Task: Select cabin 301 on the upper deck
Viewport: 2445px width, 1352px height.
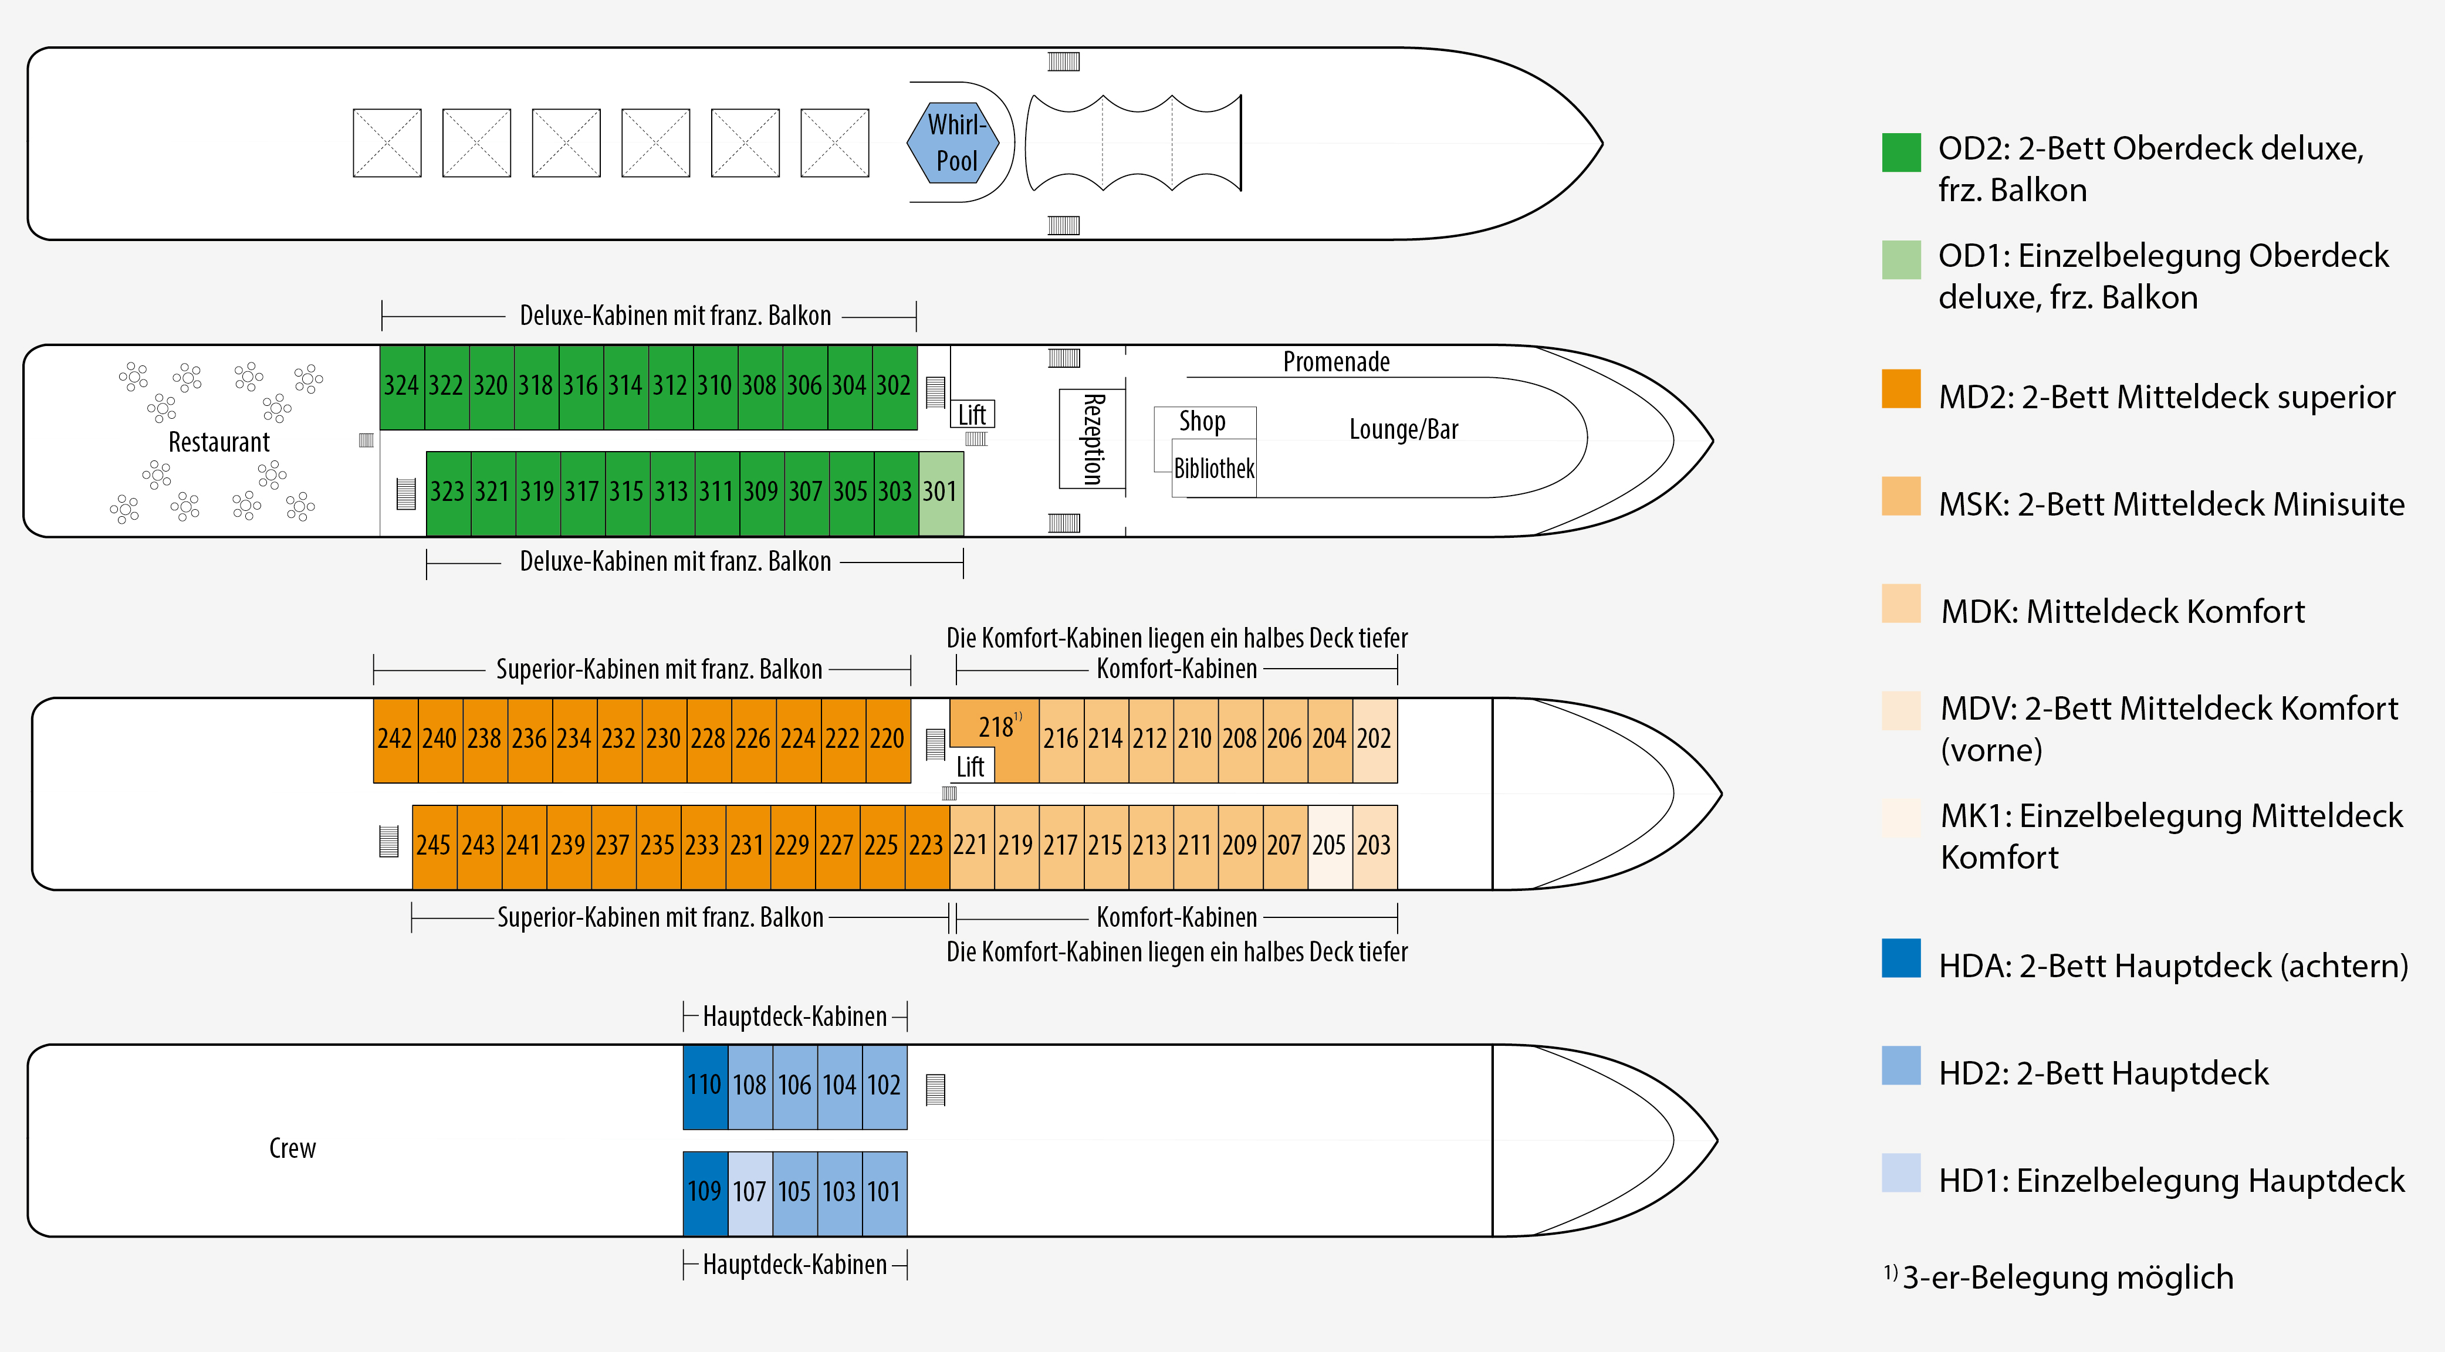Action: (x=941, y=492)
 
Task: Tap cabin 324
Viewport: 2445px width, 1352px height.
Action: (x=401, y=386)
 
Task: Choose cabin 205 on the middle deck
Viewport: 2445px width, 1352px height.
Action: (x=1329, y=845)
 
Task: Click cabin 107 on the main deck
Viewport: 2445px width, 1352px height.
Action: (x=750, y=1192)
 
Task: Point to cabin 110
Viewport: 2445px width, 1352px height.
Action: (x=704, y=1085)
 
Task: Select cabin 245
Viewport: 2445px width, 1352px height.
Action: (x=434, y=845)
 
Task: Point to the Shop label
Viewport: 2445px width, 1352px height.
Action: (x=1203, y=421)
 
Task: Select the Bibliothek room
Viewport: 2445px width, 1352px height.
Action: (x=1214, y=469)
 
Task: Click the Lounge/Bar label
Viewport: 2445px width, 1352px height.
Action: (x=1404, y=430)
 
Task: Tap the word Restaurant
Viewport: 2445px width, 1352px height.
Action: (x=219, y=442)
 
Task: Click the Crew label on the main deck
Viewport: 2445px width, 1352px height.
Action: (x=292, y=1148)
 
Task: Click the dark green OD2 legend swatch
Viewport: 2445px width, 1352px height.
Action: (x=1901, y=152)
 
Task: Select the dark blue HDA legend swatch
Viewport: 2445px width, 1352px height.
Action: (x=1901, y=958)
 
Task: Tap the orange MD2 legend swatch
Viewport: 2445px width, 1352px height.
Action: (x=1901, y=389)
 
